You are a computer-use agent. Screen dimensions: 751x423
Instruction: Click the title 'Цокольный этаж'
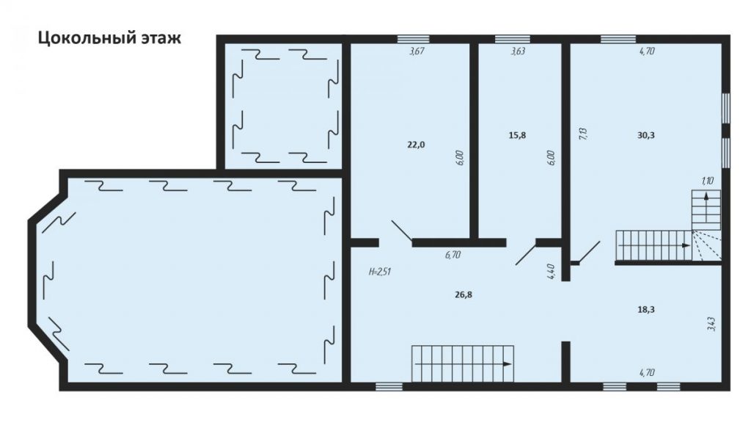click(109, 37)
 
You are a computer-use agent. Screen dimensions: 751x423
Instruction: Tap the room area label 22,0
click(417, 145)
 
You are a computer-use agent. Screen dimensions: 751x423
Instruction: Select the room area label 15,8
click(517, 135)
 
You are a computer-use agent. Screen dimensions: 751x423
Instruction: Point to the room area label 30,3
click(645, 135)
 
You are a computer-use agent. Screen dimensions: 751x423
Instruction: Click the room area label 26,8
click(464, 294)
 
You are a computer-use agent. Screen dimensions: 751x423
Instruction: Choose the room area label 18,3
click(645, 309)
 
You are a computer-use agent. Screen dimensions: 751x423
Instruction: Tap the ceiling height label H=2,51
click(380, 272)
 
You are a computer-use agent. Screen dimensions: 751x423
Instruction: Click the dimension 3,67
click(417, 51)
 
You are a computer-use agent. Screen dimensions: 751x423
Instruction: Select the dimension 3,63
click(518, 51)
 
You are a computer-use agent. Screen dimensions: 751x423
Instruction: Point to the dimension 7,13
click(583, 134)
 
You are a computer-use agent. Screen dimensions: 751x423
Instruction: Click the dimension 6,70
click(453, 255)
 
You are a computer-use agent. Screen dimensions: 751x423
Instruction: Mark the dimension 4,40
click(551, 272)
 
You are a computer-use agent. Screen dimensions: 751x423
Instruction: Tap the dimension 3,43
click(711, 324)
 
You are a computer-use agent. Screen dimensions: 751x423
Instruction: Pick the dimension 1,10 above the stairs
click(708, 181)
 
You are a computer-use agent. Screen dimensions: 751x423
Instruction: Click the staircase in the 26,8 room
click(463, 364)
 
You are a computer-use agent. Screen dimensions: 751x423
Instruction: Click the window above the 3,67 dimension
click(414, 40)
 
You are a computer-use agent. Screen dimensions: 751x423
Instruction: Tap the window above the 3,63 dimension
click(513, 40)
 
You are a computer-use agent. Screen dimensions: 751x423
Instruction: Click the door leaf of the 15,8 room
click(526, 253)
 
